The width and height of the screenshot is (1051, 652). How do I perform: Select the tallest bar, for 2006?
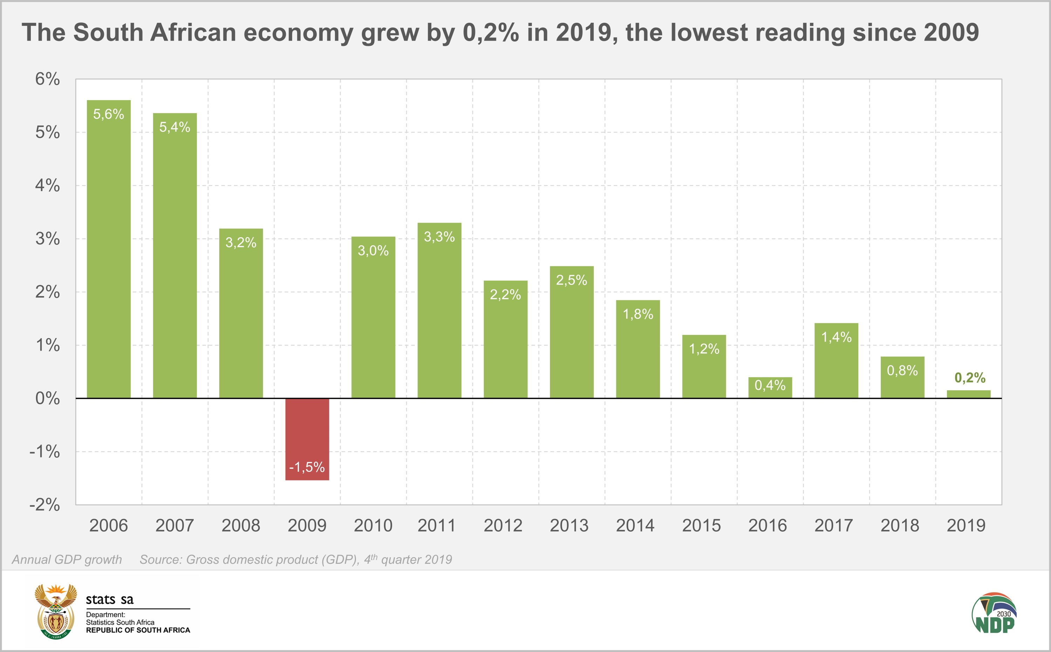(109, 250)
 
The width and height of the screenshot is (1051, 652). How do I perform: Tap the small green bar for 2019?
(969, 394)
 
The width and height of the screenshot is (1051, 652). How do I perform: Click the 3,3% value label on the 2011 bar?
(439, 237)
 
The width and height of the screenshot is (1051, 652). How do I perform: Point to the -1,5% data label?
(307, 467)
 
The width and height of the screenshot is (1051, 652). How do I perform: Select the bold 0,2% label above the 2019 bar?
(970, 378)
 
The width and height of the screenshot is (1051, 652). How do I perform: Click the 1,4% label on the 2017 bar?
(836, 337)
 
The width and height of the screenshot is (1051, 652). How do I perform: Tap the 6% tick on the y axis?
(48, 79)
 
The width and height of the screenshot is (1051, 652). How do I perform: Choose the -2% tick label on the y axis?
(44, 505)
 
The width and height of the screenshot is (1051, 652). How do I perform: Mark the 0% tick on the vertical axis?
(48, 398)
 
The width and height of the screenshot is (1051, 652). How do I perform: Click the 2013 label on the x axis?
(569, 526)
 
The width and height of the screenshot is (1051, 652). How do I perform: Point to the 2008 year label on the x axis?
(241, 526)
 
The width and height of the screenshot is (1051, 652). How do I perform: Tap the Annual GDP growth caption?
(67, 560)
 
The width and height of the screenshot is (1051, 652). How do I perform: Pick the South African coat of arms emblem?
(56, 611)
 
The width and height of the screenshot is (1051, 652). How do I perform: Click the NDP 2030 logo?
(994, 613)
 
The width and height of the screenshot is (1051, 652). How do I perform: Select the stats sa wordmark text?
(110, 600)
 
